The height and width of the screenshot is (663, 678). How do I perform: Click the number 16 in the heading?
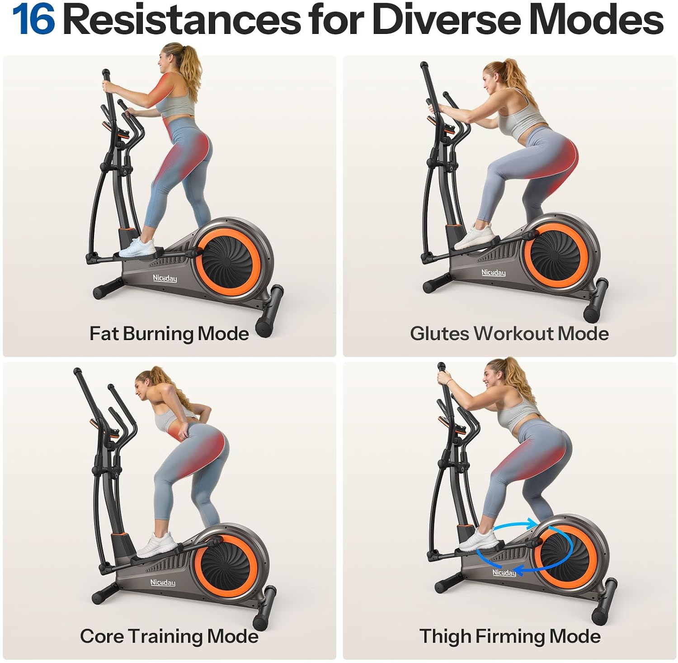tap(33, 20)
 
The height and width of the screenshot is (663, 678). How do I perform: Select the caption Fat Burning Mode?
tap(169, 334)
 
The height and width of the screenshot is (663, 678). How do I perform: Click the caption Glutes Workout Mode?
tap(509, 334)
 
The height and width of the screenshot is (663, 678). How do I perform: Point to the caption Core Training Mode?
tap(169, 636)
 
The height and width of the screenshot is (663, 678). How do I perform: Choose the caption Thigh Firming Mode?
tap(510, 636)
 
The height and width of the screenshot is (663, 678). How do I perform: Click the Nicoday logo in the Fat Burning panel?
tap(164, 278)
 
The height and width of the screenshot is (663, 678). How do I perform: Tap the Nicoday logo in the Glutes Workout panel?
tap(493, 273)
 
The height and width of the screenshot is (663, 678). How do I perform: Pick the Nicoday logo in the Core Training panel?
tap(163, 583)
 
